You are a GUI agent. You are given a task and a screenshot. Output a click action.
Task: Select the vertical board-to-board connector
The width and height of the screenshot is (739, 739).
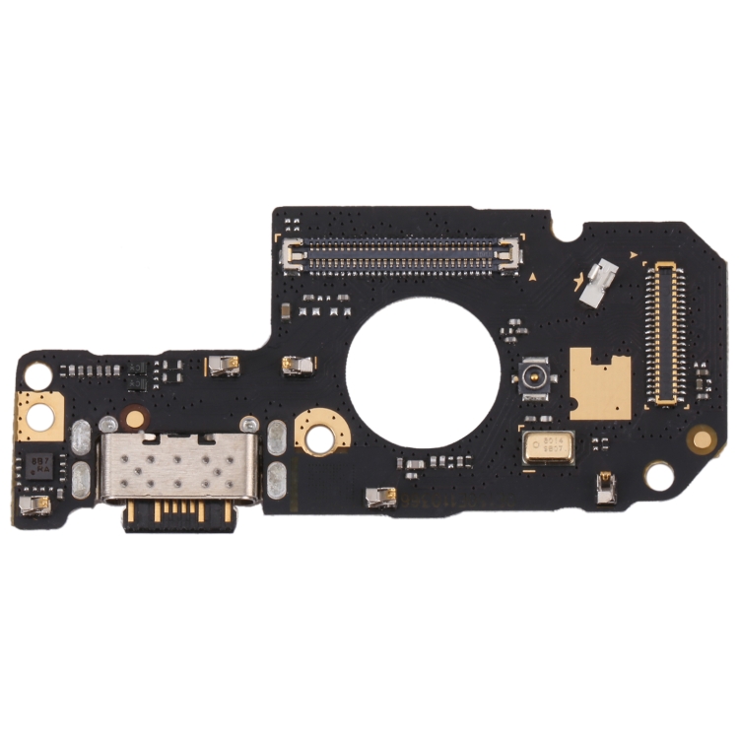(x=666, y=335)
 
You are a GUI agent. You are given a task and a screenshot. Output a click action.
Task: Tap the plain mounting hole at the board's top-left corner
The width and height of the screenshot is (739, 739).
(x=36, y=374)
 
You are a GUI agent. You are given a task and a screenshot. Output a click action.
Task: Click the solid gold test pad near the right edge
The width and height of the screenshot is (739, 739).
(x=701, y=436)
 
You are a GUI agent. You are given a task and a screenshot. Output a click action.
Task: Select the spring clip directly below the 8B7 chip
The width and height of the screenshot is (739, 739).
(x=35, y=505)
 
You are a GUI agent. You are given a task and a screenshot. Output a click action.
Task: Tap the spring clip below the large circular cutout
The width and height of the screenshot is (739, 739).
(x=379, y=497)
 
